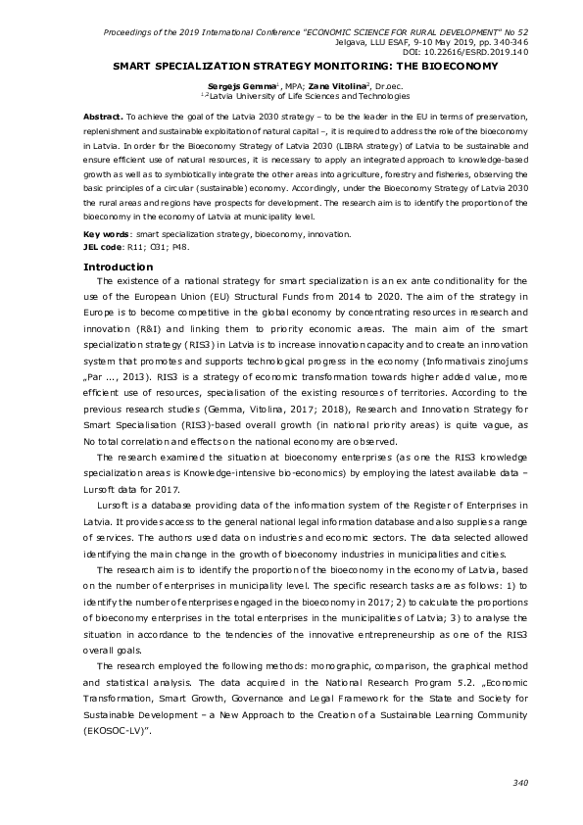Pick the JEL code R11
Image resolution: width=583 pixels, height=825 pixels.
point(143,248)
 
